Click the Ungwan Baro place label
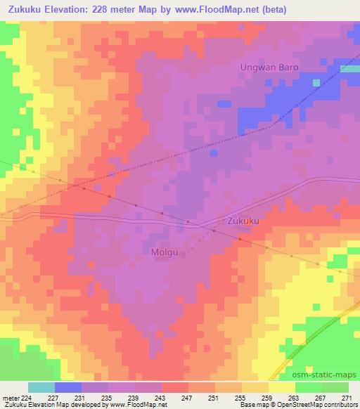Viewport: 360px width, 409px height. tap(269, 67)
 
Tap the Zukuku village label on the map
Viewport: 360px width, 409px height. tap(245, 221)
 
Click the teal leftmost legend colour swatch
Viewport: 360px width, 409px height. tap(41, 387)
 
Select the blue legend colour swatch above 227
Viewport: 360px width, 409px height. tap(68, 387)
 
